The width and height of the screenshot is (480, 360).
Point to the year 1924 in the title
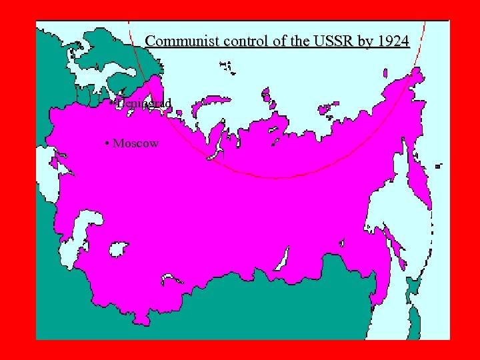(x=392, y=41)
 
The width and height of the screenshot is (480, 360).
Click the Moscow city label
(x=136, y=143)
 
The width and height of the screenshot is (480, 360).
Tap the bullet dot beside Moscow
(x=107, y=143)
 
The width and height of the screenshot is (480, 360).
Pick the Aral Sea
(x=118, y=250)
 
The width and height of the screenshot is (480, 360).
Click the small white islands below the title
(x=227, y=66)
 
